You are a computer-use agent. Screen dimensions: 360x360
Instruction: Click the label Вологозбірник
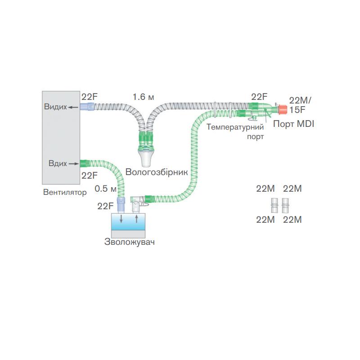pyautogui.click(x=156, y=171)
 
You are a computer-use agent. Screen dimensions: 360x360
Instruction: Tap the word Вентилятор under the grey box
pyautogui.click(x=64, y=193)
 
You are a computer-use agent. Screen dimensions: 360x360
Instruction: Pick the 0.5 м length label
pyautogui.click(x=106, y=188)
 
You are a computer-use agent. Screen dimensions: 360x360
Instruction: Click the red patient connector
pyautogui.click(x=283, y=109)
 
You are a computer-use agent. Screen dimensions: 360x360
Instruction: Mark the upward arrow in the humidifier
pyautogui.click(x=137, y=219)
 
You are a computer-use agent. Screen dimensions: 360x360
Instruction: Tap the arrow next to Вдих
pyautogui.click(x=73, y=163)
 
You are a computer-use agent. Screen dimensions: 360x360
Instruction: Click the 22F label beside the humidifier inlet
pyautogui.click(x=105, y=206)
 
